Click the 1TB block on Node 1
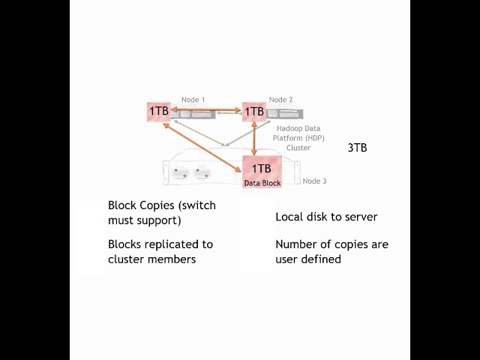(159, 111)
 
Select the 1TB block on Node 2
(254, 111)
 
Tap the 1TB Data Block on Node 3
(261, 168)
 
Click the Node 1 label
(193, 99)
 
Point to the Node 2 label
(280, 100)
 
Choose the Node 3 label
(314, 181)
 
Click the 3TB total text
(357, 148)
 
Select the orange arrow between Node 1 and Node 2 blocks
(206, 109)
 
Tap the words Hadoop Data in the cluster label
(298, 128)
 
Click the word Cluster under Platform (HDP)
(298, 148)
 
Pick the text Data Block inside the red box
(262, 182)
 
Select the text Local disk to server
(326, 217)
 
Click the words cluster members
(151, 259)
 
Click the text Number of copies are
(331, 244)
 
